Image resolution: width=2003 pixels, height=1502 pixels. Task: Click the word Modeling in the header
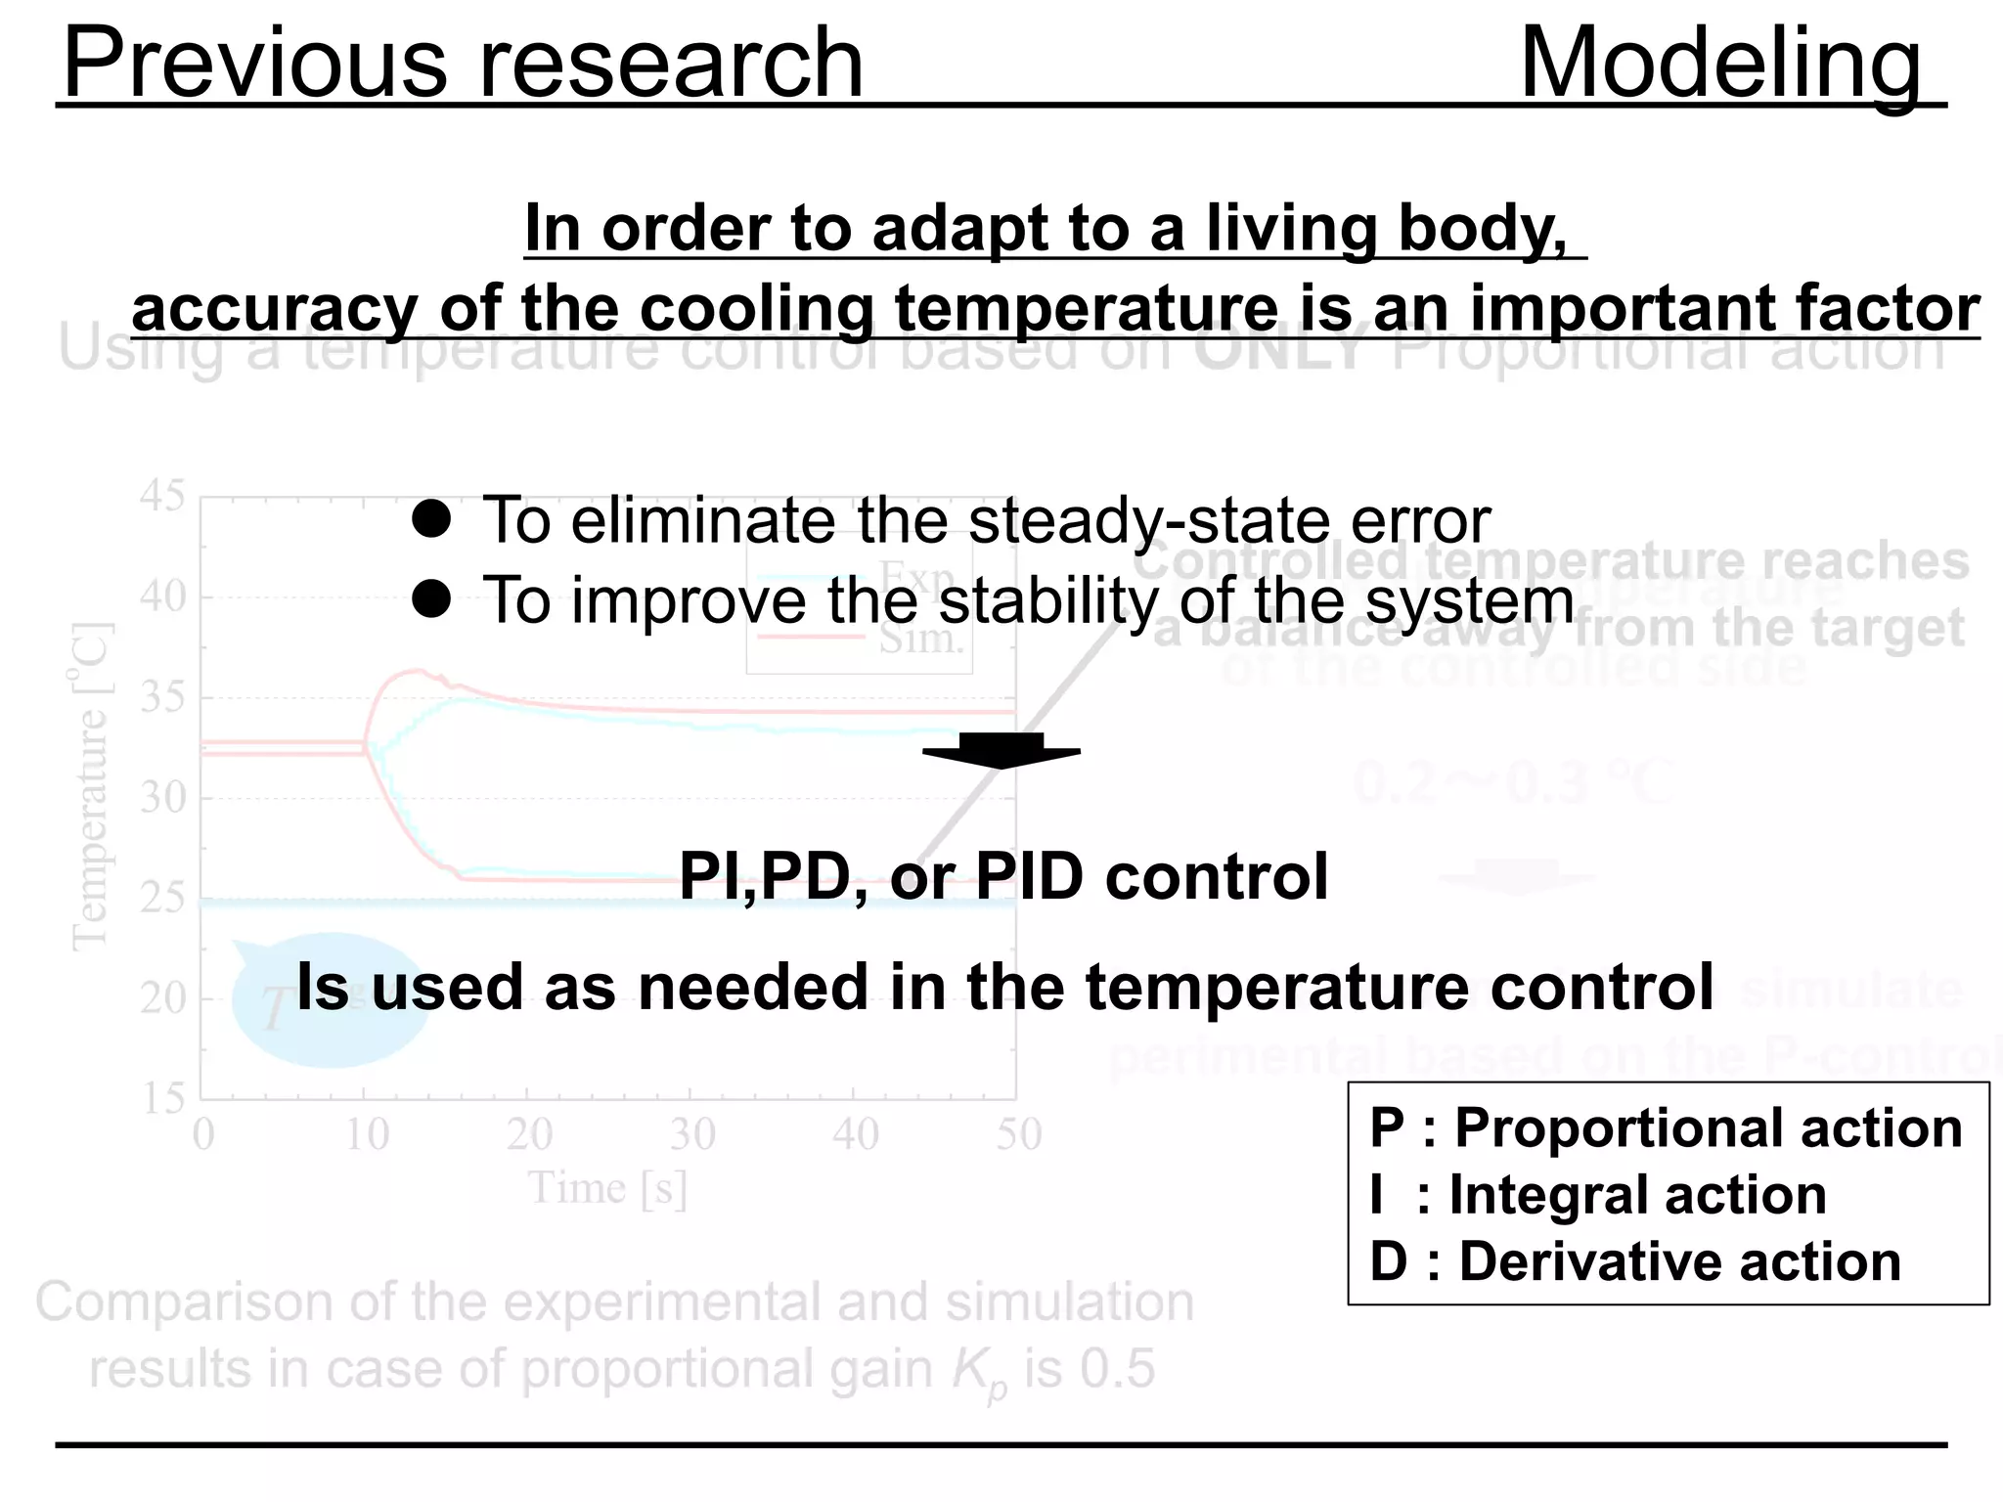point(1721,63)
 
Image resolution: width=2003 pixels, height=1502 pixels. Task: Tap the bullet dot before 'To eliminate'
point(431,519)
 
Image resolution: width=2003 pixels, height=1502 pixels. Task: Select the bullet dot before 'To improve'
point(431,599)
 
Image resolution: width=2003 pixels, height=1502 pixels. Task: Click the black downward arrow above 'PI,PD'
point(1001,750)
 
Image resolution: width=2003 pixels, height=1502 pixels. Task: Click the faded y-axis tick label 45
point(161,496)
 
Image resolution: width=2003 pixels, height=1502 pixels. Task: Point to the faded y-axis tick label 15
point(161,1099)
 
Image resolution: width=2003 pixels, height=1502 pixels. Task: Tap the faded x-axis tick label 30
point(692,1134)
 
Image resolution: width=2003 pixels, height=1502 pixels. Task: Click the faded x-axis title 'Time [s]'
point(607,1189)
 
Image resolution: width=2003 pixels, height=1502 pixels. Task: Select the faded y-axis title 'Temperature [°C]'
point(90,787)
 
